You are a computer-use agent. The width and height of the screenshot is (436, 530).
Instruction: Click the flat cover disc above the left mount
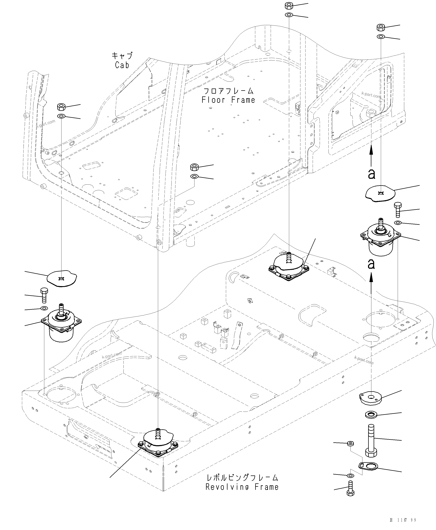(62, 278)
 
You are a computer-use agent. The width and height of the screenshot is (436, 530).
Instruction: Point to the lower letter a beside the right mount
(371, 264)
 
